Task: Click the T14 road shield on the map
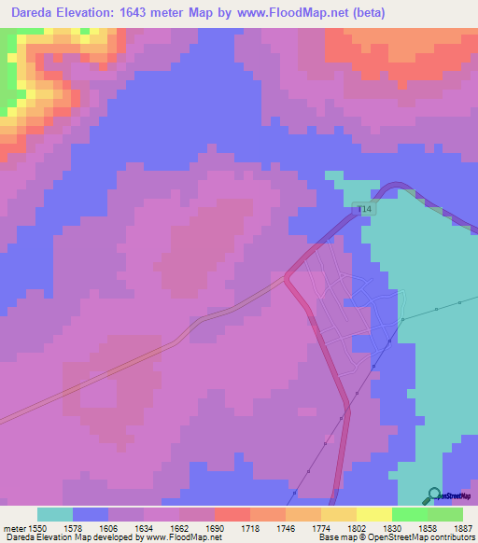pos(364,211)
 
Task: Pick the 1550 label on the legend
pos(38,527)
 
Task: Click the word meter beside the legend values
pos(14,527)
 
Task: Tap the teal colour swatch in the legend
pos(55,514)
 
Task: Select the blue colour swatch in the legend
pos(91,514)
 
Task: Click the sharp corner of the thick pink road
pos(287,275)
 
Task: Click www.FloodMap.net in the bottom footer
pos(183,538)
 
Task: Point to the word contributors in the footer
pos(451,538)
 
